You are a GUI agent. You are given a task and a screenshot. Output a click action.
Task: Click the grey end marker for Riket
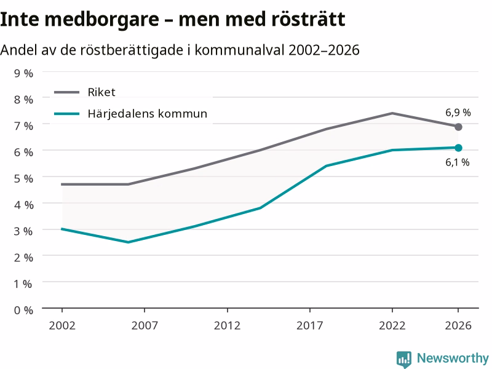[x=458, y=127]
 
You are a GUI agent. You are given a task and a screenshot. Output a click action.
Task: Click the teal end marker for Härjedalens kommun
[x=458, y=148]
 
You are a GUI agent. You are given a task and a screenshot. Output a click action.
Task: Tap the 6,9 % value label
[x=458, y=113]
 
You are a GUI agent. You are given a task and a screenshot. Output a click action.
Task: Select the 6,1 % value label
[x=457, y=162]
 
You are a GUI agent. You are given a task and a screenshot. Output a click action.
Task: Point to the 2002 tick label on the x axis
[x=62, y=325]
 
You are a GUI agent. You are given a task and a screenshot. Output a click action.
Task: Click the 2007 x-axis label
[x=145, y=325]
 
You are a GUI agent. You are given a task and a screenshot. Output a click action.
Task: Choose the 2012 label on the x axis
[x=227, y=325]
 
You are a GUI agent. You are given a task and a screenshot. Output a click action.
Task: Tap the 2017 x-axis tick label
[x=310, y=325]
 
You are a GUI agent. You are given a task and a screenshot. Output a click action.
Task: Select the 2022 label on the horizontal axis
[x=392, y=325]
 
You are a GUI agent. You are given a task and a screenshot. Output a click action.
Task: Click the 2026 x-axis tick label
[x=458, y=325]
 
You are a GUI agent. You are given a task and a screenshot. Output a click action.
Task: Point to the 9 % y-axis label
[x=23, y=73]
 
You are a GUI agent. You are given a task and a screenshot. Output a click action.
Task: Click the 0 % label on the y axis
[x=23, y=311]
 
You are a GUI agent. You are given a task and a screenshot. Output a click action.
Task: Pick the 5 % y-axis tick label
[x=23, y=178]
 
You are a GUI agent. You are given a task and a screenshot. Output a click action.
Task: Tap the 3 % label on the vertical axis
[x=23, y=231]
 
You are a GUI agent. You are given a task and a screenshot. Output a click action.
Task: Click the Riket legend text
[x=101, y=92]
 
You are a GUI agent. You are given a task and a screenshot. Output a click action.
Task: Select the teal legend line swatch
[x=66, y=114]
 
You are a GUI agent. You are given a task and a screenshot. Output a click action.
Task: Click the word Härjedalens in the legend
[x=121, y=114]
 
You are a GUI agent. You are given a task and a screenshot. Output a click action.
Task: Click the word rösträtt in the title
[x=308, y=19]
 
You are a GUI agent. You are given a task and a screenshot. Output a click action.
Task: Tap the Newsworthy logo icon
[x=404, y=359]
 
